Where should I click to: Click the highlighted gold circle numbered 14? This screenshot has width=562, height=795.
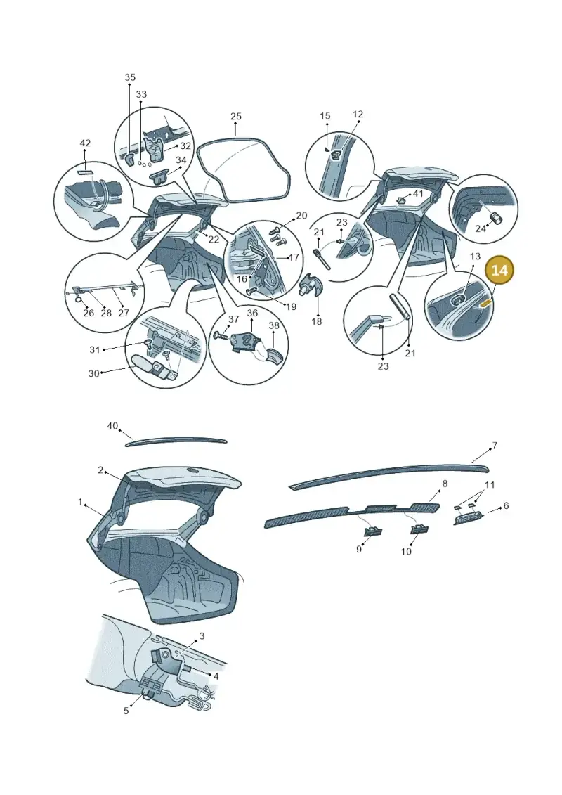tap(499, 270)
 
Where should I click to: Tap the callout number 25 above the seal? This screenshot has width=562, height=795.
tap(235, 117)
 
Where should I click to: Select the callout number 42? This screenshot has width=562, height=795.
tap(85, 143)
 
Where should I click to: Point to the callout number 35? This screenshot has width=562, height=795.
tap(130, 77)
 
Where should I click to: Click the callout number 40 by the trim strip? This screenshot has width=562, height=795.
tap(112, 426)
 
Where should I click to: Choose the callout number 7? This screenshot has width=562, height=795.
tap(495, 446)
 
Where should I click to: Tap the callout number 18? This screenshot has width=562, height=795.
tap(316, 321)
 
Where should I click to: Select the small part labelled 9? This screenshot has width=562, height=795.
tap(374, 531)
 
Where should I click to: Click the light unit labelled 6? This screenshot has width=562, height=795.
tap(469, 519)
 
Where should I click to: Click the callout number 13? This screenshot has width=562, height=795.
tap(475, 257)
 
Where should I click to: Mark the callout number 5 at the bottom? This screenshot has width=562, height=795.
tap(126, 711)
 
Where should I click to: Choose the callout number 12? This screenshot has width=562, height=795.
tap(358, 115)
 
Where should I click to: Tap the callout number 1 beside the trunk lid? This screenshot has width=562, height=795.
tap(80, 502)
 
